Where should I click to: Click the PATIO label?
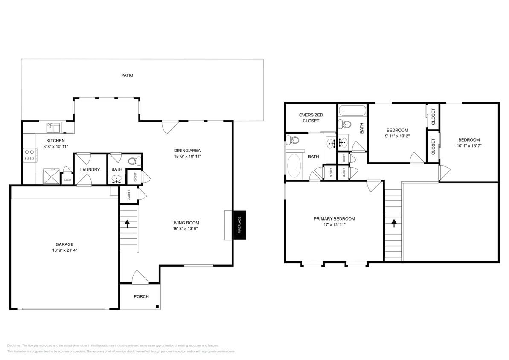click(127, 75)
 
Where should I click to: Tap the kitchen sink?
click(53, 127)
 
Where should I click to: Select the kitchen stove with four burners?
click(29, 154)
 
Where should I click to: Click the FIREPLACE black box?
click(239, 225)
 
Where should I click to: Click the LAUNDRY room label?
click(90, 170)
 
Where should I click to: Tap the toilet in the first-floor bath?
click(133, 161)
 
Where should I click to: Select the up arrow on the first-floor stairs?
click(127, 223)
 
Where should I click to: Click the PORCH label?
click(141, 296)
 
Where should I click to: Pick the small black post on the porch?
click(157, 306)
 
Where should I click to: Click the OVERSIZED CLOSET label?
click(311, 118)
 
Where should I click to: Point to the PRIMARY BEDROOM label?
click(334, 219)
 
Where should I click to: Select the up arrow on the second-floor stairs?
click(393, 223)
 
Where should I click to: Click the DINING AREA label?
click(187, 151)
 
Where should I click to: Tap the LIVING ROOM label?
click(185, 223)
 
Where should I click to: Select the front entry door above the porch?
click(140, 277)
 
